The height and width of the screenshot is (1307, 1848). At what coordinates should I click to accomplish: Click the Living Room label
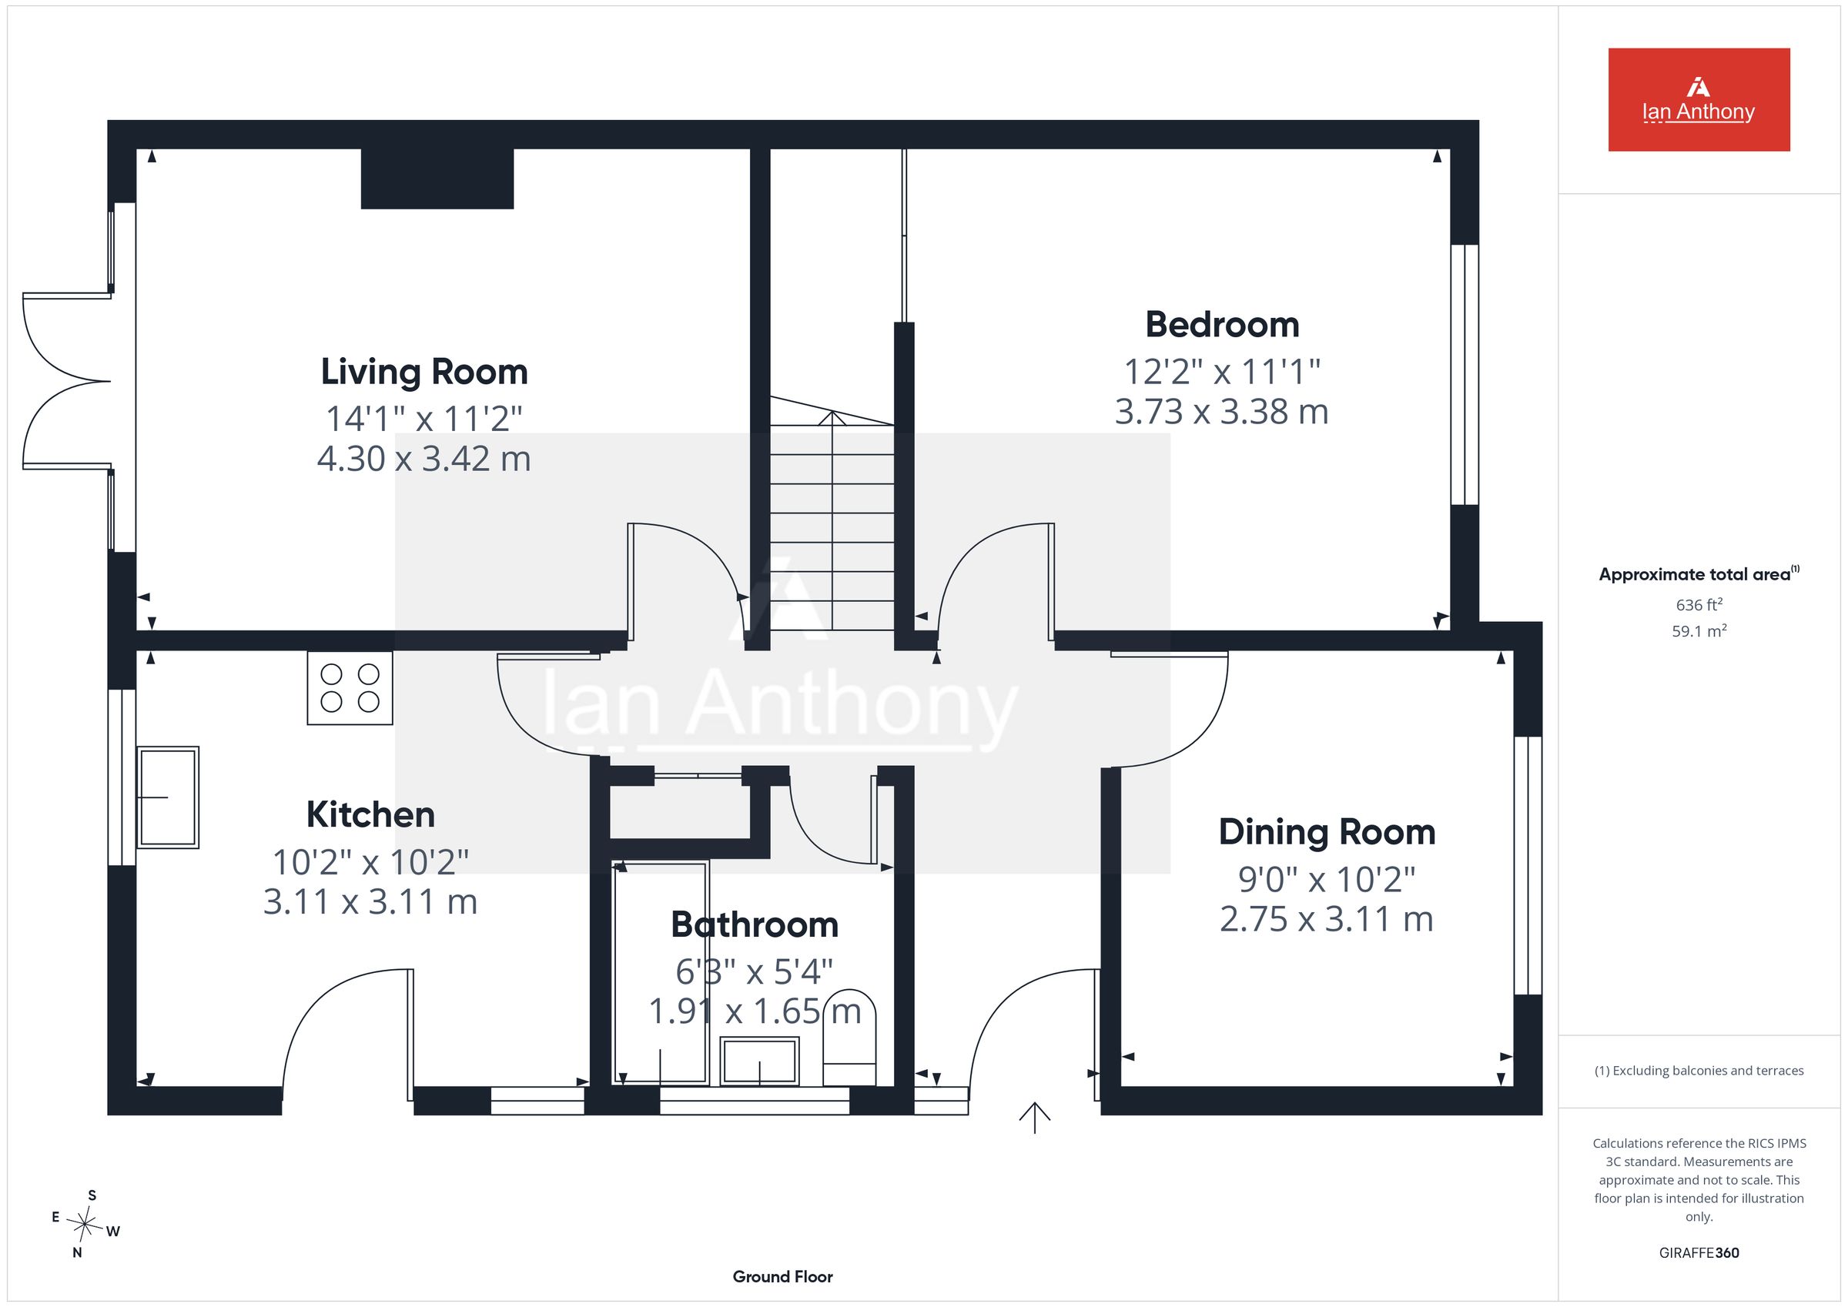[424, 372]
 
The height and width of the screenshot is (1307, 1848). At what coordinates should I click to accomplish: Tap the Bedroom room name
[1222, 324]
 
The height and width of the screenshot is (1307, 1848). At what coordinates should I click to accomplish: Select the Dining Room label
[1327, 832]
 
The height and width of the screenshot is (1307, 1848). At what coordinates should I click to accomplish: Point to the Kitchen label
[370, 814]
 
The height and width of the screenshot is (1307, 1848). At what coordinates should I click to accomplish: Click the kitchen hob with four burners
[350, 688]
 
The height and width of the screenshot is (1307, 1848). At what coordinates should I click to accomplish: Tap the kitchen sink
[168, 797]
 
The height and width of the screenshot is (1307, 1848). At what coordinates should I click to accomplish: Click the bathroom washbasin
[760, 1061]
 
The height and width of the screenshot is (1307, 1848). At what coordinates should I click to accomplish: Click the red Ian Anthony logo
[1699, 100]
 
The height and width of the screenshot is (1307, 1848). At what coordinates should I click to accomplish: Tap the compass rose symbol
[85, 1224]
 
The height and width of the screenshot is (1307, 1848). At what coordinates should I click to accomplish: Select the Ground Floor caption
[782, 1276]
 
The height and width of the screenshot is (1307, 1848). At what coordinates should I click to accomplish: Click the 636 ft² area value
[1699, 604]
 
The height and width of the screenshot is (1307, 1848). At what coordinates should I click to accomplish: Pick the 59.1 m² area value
[1699, 631]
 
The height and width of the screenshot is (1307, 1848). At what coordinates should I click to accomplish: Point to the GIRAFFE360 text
[1699, 1252]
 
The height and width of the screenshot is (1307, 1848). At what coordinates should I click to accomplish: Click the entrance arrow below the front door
[1034, 1118]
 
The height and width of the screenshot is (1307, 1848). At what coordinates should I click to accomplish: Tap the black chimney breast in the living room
[437, 179]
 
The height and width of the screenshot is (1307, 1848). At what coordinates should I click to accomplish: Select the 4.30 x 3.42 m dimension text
[424, 459]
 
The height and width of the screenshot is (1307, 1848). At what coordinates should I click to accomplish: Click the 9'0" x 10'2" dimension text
[1327, 879]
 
